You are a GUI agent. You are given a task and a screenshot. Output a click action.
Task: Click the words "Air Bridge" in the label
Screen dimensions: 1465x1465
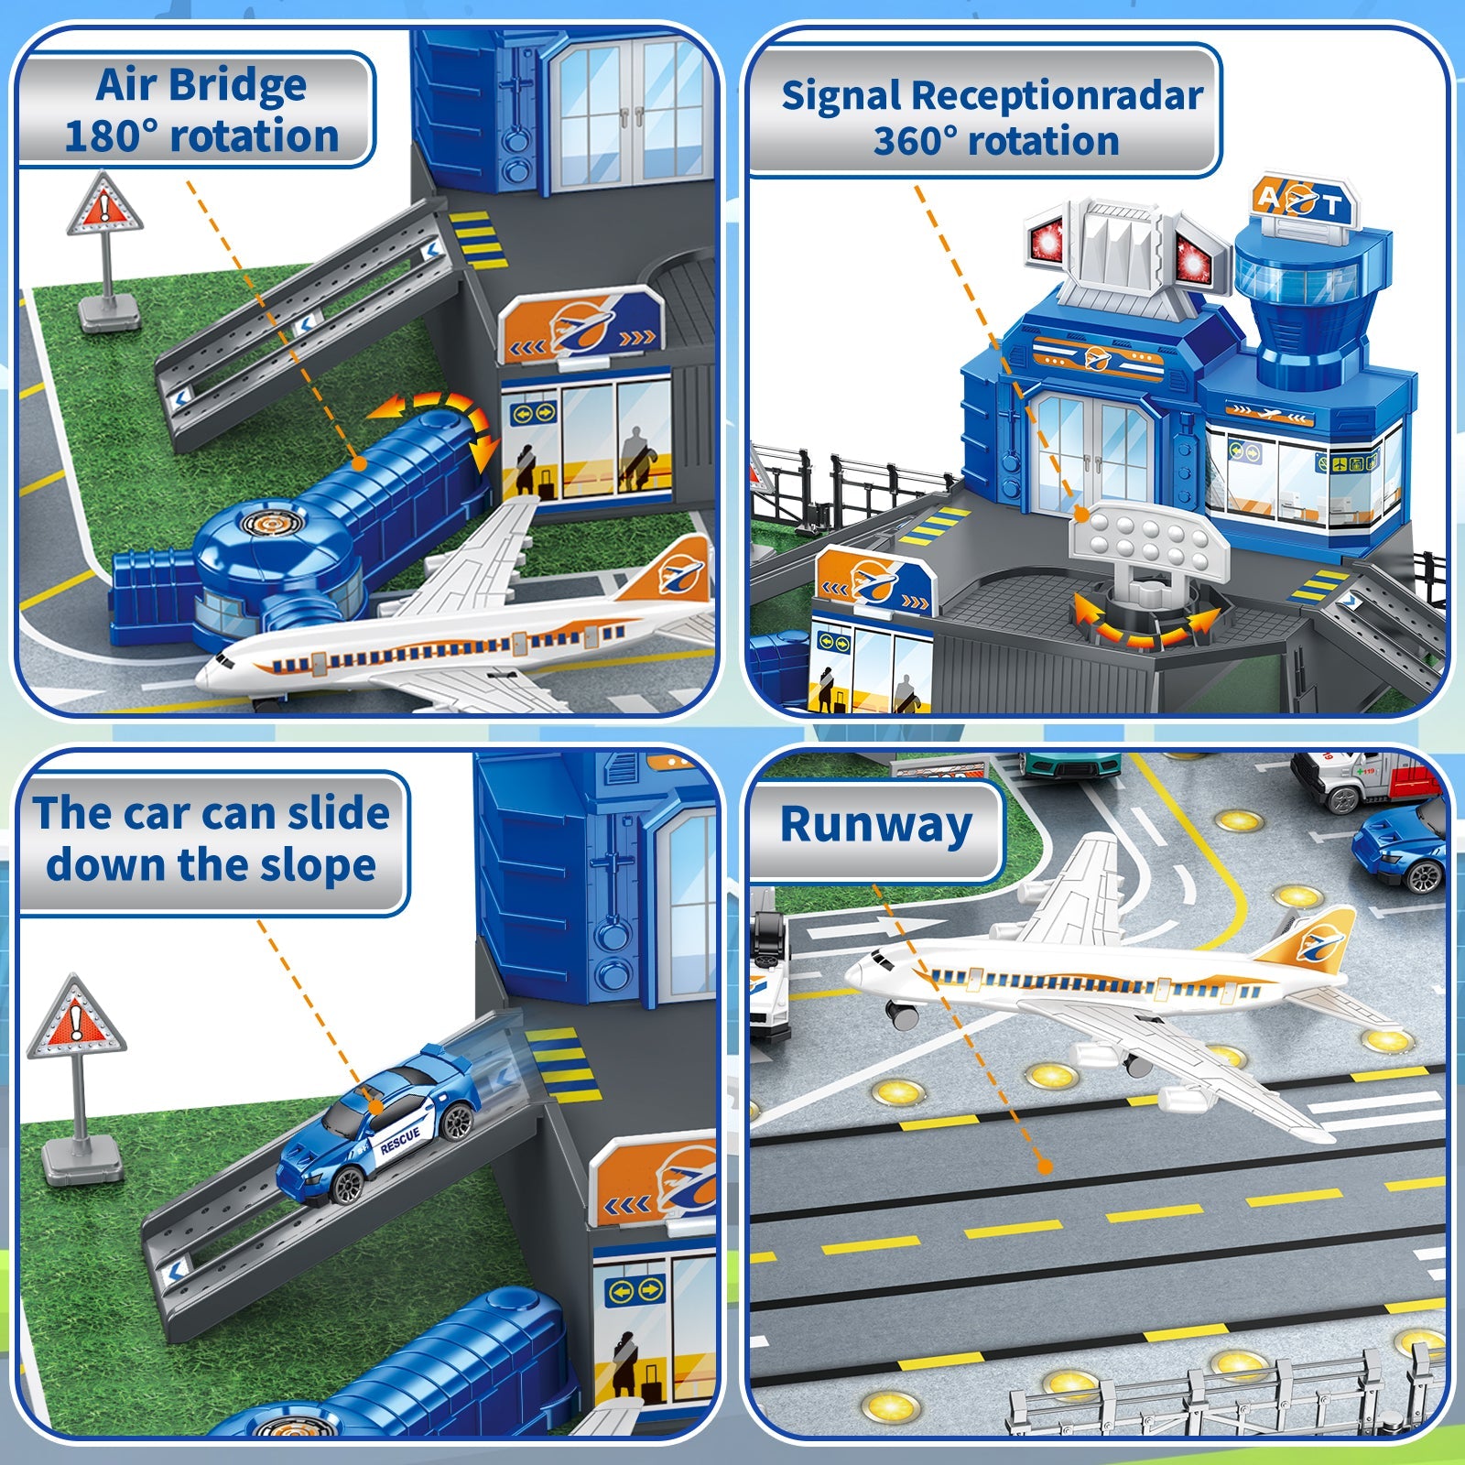201,85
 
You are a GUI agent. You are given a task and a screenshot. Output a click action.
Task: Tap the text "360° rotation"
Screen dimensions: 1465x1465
995,142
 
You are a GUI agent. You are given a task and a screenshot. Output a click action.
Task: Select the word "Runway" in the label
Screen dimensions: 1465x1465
875,824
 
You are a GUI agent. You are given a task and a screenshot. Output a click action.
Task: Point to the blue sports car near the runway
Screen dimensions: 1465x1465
1401,847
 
